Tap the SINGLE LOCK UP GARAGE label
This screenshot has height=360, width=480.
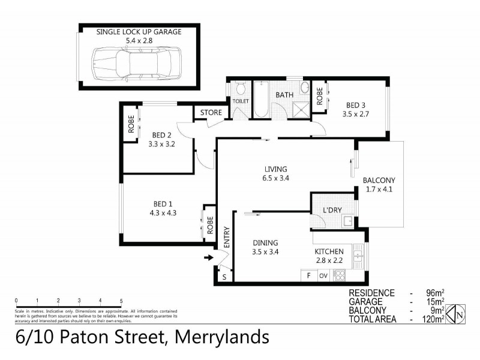pyautogui.click(x=139, y=31)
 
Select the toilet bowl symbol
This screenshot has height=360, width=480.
pyautogui.click(x=241, y=90)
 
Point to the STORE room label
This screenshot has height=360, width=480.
pyautogui.click(x=211, y=112)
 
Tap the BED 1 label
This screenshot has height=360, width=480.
pyautogui.click(x=162, y=203)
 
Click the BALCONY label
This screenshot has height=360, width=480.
pyautogui.click(x=379, y=181)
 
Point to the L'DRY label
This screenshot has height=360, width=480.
pyautogui.click(x=332, y=210)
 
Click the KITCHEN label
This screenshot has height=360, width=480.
pyautogui.click(x=329, y=251)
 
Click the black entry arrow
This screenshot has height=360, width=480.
pyautogui.click(x=208, y=258)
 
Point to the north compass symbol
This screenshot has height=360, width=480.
pyautogui.click(x=458, y=312)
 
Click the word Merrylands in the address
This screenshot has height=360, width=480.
pyautogui.click(x=221, y=337)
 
